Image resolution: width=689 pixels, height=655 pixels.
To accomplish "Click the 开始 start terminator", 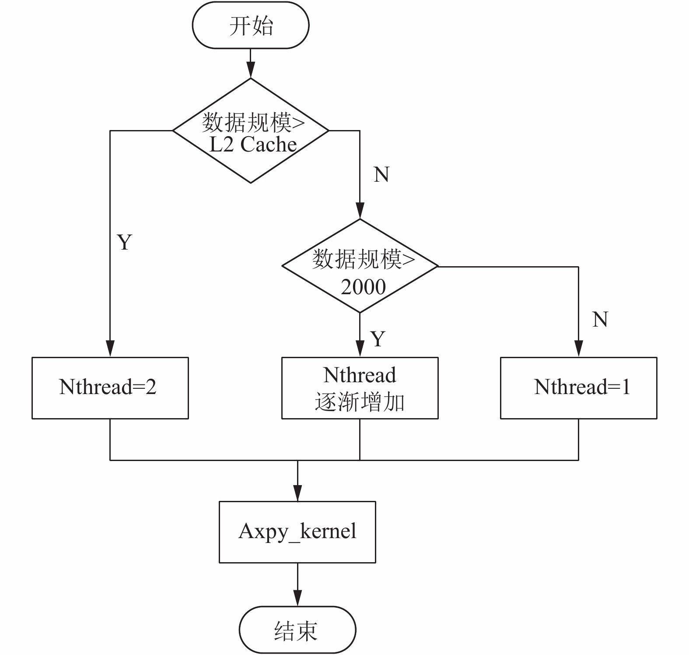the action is pyautogui.click(x=251, y=25).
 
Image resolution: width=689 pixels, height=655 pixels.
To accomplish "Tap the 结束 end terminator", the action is pyautogui.click(x=297, y=630).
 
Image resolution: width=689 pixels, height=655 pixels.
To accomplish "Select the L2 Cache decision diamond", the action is pyautogui.click(x=251, y=130).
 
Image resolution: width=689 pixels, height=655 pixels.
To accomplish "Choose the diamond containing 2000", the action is pyautogui.click(x=360, y=266).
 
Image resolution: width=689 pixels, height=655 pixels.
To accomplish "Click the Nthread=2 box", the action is pyautogui.click(x=110, y=388).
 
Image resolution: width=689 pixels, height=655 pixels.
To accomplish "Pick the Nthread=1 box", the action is pyautogui.click(x=579, y=388).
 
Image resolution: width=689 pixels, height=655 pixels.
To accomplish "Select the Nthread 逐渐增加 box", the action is pyautogui.click(x=360, y=388).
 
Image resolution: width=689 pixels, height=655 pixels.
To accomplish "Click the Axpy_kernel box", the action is pyautogui.click(x=297, y=532).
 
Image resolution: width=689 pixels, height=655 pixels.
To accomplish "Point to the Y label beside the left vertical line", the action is pyautogui.click(x=125, y=242).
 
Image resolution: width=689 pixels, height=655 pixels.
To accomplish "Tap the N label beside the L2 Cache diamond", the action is pyautogui.click(x=381, y=174).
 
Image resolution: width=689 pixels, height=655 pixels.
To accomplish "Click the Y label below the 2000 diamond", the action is pyautogui.click(x=378, y=338).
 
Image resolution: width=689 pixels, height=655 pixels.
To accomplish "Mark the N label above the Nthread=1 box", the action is pyautogui.click(x=600, y=319).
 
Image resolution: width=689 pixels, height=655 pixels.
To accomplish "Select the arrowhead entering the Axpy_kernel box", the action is pyautogui.click(x=297, y=493).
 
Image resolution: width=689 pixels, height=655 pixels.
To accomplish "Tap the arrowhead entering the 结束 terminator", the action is pyautogui.click(x=297, y=598).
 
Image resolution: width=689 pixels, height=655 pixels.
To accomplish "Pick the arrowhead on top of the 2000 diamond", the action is pyautogui.click(x=360, y=211).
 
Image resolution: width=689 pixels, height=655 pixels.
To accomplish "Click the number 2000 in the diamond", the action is pyautogui.click(x=363, y=287).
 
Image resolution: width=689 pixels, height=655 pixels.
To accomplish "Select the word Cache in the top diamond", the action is pyautogui.click(x=269, y=144).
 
